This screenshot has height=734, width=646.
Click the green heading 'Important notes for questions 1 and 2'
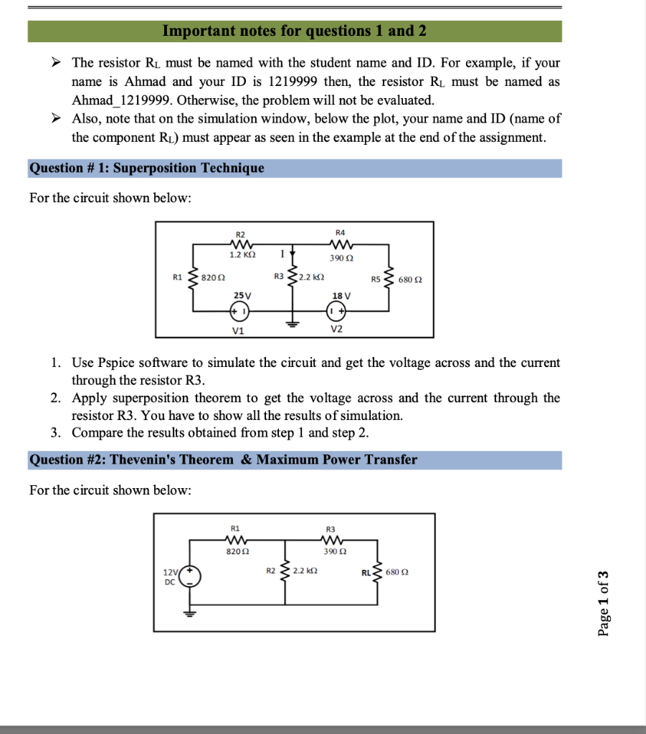(294, 31)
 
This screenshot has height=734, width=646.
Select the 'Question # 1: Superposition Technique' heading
(147, 168)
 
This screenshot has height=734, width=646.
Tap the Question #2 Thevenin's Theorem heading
(223, 459)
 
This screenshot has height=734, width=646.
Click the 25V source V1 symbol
(239, 311)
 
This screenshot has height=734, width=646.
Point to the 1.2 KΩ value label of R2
(240, 254)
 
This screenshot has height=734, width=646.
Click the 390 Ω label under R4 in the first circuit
(340, 257)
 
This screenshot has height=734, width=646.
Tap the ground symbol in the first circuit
(292, 322)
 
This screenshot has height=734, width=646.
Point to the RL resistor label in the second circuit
(366, 572)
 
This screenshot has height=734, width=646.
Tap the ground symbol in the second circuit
(189, 613)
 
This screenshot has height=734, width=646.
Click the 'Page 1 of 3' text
(604, 603)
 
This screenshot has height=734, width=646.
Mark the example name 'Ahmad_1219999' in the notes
(116, 100)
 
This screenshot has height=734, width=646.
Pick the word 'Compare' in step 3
(95, 432)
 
